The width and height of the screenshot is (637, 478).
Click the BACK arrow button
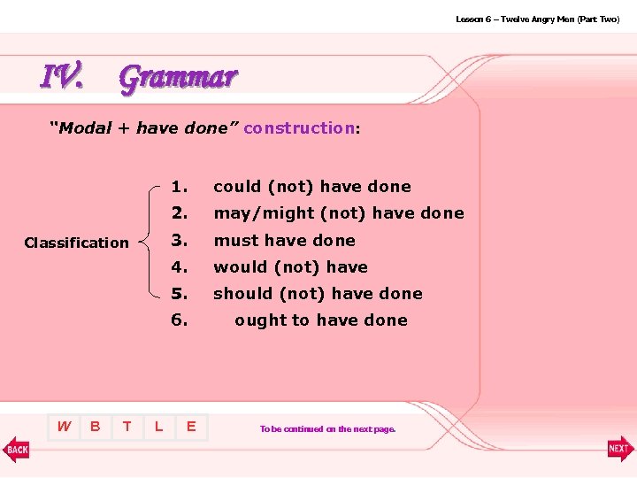coord(17,449)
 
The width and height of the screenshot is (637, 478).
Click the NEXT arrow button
coord(619,449)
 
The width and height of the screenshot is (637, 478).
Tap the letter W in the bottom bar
coord(64,427)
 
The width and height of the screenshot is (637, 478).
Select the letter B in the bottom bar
coord(96,427)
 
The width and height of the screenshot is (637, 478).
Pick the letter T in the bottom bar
coord(127,427)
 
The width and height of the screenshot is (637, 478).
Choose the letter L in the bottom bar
coord(158,427)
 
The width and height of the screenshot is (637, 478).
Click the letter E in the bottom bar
coord(190,427)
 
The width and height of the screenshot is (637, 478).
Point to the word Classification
coord(76,243)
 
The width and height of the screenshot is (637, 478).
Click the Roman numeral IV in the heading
coord(63,77)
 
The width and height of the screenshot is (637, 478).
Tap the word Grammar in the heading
coord(178,78)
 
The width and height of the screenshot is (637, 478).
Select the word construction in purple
coord(299,128)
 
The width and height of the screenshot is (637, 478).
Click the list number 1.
coord(180,187)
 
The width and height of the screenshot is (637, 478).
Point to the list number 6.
coord(180,320)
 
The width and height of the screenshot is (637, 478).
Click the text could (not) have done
coord(312,187)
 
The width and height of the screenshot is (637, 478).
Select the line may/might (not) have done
coord(339,213)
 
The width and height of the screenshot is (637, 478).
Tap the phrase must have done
coord(284,241)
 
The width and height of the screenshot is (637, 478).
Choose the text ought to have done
coord(321,320)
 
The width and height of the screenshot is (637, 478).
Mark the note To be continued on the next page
coord(327,429)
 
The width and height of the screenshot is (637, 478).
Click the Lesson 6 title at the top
coord(537,19)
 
